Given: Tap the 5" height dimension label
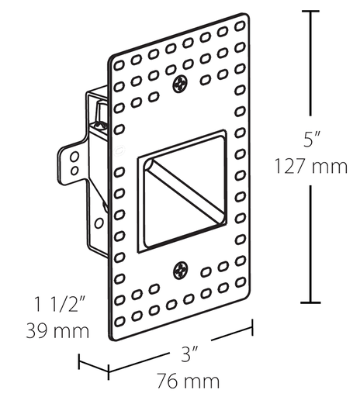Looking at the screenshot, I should pyautogui.click(x=311, y=140).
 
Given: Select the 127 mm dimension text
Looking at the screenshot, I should pyautogui.click(x=311, y=166).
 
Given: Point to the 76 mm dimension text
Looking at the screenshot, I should pyautogui.click(x=186, y=381).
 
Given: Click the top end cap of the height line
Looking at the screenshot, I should pyautogui.click(x=311, y=12).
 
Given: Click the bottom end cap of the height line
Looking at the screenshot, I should pyautogui.click(x=311, y=302).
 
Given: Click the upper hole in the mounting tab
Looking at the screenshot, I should pyautogui.click(x=74, y=156).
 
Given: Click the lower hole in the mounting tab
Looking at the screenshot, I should pyautogui.click(x=74, y=168).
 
